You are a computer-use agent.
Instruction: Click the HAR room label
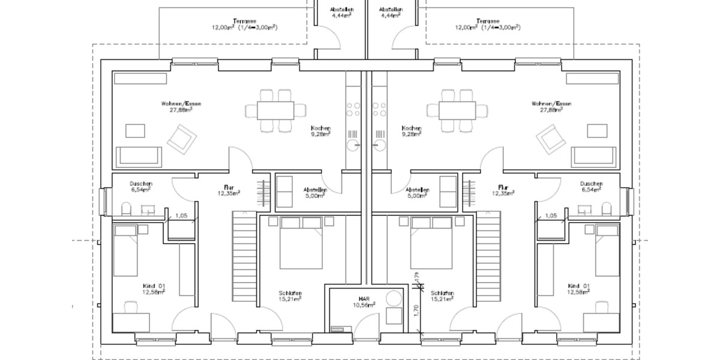coord(364,299)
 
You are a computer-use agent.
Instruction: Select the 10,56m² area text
coord(364,305)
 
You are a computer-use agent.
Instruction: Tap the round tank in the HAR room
coord(394,298)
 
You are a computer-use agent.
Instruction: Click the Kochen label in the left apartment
coord(320,128)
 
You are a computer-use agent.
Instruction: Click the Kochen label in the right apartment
coord(412,128)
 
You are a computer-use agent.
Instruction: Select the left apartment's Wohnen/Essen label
coord(181,104)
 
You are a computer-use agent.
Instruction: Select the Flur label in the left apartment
coord(229,187)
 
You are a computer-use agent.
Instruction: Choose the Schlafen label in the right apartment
coord(442,293)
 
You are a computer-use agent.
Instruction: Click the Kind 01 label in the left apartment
coord(153,286)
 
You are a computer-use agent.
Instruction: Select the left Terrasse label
coord(243,20)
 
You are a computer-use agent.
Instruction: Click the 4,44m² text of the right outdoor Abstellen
coord(391,16)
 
